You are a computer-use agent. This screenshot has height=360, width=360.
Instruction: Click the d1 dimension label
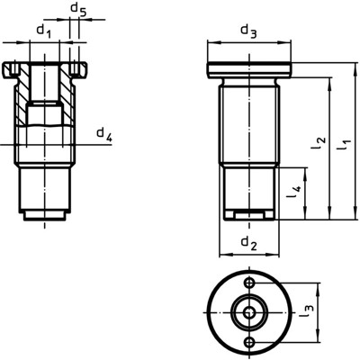click(42, 31)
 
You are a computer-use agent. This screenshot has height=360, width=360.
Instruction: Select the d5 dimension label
click(78, 12)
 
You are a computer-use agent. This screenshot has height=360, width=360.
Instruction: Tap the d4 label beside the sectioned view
click(104, 136)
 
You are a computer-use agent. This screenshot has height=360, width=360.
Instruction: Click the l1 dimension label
click(343, 141)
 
